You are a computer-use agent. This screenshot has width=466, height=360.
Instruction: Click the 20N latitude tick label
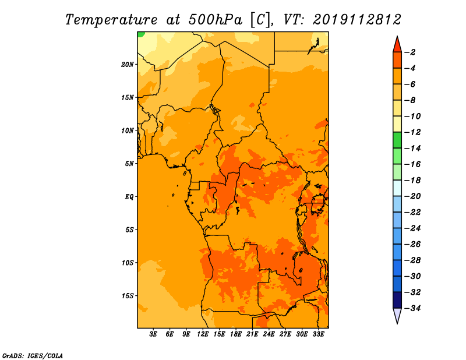click(128, 65)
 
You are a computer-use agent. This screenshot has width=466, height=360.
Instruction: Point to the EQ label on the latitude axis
click(129, 197)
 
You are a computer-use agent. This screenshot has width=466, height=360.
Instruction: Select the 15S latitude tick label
click(128, 296)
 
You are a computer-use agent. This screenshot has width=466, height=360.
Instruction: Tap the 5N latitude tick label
click(129, 164)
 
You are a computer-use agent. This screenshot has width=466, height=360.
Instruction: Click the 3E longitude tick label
click(153, 334)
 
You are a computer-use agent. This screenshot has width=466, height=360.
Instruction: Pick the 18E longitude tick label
click(236, 334)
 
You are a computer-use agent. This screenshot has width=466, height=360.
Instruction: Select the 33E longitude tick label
click(318, 334)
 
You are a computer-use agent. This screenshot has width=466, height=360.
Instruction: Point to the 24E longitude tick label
click(269, 334)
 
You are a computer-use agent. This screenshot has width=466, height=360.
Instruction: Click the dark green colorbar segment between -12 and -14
click(397, 140)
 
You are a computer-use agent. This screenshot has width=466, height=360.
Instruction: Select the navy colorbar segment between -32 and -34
click(397, 300)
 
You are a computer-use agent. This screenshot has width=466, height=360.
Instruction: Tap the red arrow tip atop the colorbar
click(397, 37)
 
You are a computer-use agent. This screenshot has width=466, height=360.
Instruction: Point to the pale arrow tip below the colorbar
click(397, 323)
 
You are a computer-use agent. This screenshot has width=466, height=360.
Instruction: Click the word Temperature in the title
click(111, 20)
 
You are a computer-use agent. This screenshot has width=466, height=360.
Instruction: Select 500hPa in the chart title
click(215, 20)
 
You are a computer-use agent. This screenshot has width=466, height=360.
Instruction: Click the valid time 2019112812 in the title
click(357, 20)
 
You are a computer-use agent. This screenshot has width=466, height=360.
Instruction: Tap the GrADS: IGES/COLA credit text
click(33, 355)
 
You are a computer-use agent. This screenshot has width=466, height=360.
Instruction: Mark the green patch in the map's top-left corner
click(140, 34)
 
